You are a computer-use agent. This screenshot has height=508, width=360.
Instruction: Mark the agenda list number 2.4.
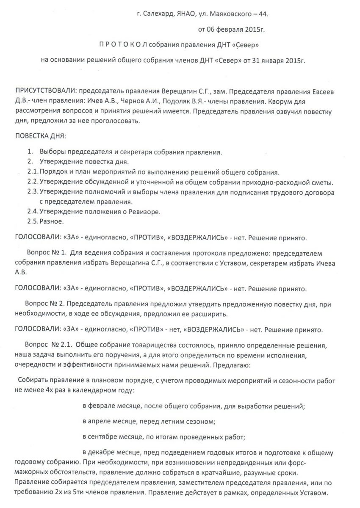point(32,211)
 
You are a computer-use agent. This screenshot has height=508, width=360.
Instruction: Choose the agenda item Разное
point(52,221)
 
